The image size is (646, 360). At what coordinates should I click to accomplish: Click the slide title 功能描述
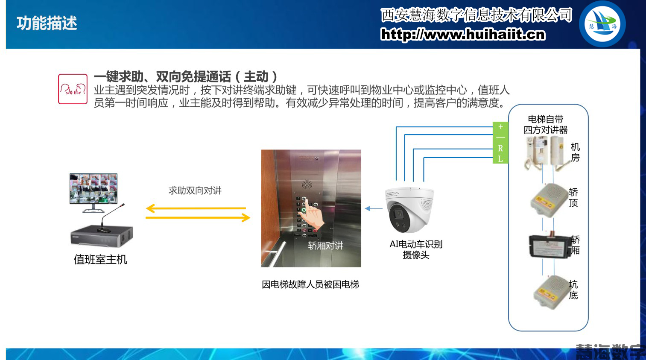pos(47,23)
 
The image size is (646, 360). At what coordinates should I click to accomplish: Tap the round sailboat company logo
pos(602,24)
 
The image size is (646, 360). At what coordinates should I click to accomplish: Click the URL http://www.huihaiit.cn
pos(463,34)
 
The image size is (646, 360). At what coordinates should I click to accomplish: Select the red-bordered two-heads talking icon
pos(73,89)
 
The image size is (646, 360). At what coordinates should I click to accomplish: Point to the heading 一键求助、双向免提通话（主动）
pos(186,76)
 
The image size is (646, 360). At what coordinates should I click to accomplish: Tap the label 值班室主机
pos(100,260)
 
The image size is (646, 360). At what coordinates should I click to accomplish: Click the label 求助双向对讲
pos(195,190)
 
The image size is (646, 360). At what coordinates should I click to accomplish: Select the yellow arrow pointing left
pos(196,208)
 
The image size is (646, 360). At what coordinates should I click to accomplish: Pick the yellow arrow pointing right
pos(198,218)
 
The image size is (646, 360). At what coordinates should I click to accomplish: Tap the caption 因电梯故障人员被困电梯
pos(310,284)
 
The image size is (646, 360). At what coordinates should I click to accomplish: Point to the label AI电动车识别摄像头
pos(416,249)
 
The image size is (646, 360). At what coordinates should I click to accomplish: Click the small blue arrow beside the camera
pos(374,208)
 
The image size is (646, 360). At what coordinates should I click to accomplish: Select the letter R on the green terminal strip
pos(500,149)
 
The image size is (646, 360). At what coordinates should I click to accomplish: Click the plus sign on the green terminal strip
pos(500,127)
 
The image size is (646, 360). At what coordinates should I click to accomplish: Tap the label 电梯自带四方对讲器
pos(546,124)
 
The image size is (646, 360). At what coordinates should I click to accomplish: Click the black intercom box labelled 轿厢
pos(549,246)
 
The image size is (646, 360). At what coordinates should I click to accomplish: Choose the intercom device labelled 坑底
pos(550,292)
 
